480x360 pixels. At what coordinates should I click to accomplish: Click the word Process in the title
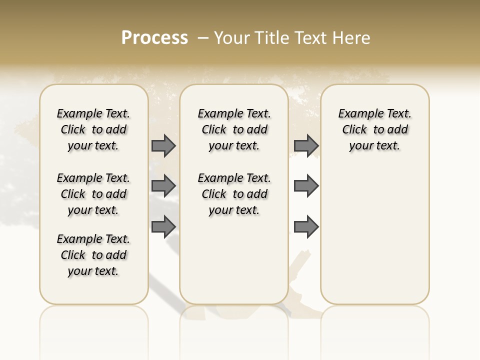pyautogui.click(x=154, y=38)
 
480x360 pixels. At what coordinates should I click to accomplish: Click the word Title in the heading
pyautogui.click(x=272, y=38)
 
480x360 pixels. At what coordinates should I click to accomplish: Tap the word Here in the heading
pyautogui.click(x=352, y=38)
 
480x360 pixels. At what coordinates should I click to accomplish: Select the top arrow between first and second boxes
pyautogui.click(x=163, y=145)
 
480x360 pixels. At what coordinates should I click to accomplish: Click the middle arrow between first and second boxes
pyautogui.click(x=163, y=186)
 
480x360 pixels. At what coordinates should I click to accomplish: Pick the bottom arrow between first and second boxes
pyautogui.click(x=163, y=226)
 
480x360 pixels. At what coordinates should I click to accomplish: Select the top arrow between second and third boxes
pyautogui.click(x=306, y=145)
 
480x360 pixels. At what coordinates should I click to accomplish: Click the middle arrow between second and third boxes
pyautogui.click(x=306, y=186)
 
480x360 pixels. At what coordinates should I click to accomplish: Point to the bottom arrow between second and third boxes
pyautogui.click(x=306, y=226)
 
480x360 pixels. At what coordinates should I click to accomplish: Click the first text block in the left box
pyautogui.click(x=93, y=129)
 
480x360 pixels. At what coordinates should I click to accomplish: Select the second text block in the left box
pyautogui.click(x=93, y=194)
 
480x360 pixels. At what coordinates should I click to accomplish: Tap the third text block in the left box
pyautogui.click(x=93, y=255)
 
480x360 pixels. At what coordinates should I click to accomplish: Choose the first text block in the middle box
pyautogui.click(x=234, y=129)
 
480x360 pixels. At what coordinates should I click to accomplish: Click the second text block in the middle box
pyautogui.click(x=234, y=194)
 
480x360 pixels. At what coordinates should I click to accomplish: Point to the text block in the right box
pyautogui.click(x=374, y=129)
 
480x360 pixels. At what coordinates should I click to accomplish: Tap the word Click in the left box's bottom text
pyautogui.click(x=73, y=255)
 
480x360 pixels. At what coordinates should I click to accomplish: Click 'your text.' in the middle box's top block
pyautogui.click(x=234, y=145)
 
